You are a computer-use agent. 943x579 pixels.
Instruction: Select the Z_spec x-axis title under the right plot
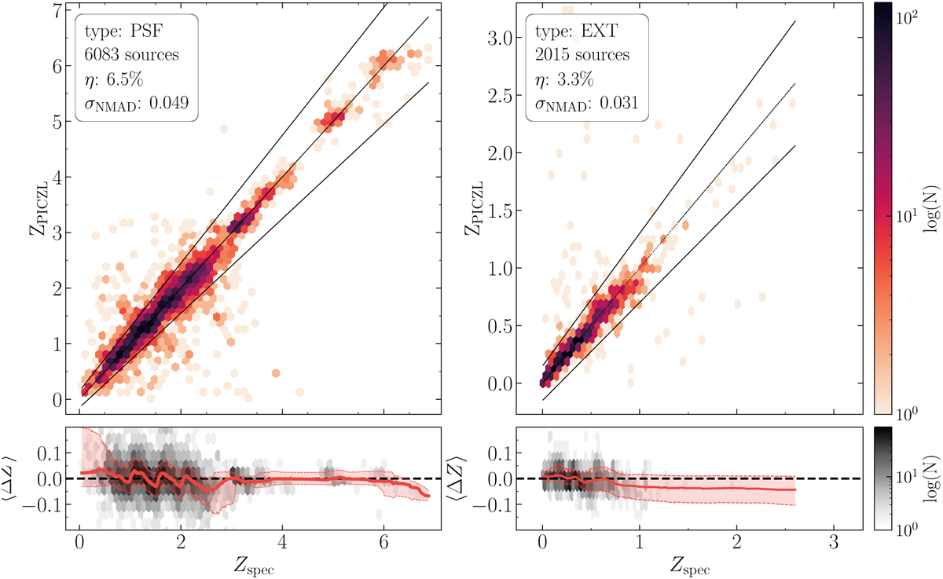coord(687,565)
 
